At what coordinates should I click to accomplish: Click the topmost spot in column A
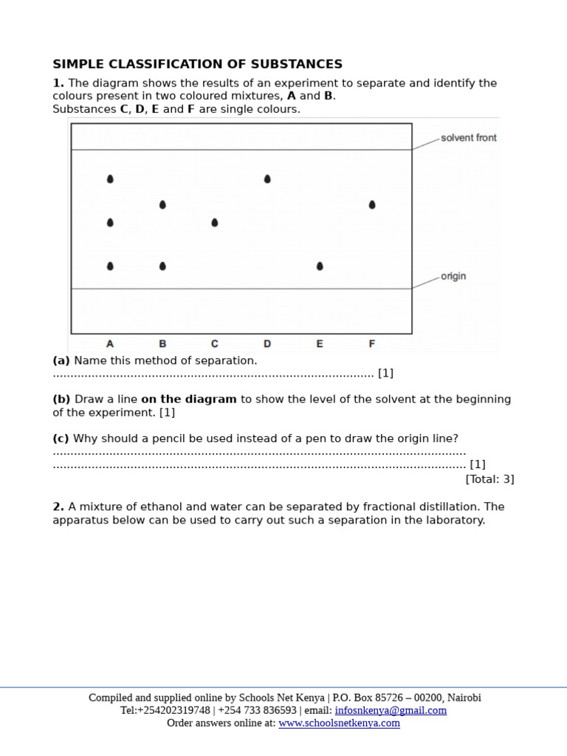110,179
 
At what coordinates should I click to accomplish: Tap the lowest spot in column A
110,266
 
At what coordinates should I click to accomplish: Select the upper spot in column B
162,205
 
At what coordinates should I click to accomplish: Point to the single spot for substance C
215,222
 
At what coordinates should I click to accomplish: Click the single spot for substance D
267,179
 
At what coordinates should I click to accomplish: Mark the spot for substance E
320,266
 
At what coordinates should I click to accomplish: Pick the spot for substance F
372,205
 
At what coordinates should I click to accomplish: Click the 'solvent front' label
468,138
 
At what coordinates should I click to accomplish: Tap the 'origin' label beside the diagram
453,276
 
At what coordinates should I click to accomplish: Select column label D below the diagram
267,344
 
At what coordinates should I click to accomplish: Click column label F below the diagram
372,344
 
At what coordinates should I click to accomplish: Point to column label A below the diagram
110,344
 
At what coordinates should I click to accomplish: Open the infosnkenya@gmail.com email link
391,710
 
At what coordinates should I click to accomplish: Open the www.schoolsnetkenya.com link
339,723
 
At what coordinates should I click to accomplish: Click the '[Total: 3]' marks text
489,479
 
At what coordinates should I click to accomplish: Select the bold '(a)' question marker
61,361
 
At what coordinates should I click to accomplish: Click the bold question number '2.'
58,507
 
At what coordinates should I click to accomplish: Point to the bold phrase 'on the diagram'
189,399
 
